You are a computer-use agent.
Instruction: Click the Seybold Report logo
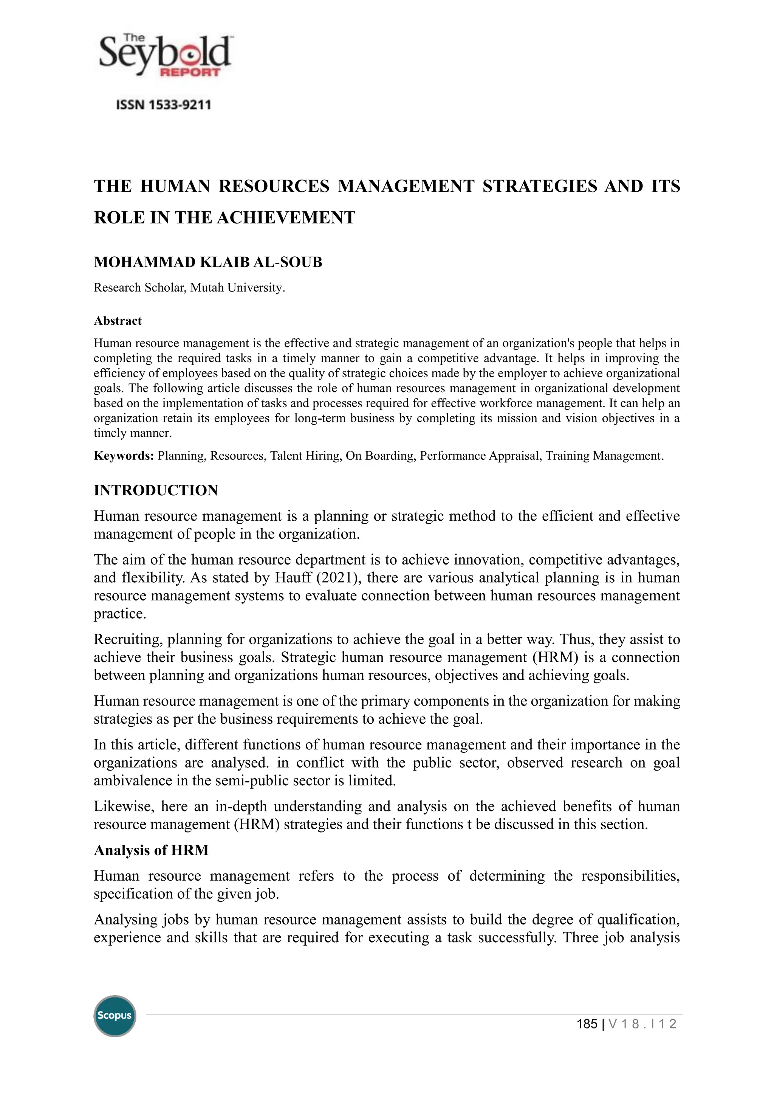pos(164,56)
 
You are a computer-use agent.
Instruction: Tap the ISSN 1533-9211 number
pos(164,105)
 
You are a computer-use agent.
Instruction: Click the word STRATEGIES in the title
pos(540,186)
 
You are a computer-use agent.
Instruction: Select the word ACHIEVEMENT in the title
pos(286,217)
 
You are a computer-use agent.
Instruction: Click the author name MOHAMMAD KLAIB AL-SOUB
pos(208,262)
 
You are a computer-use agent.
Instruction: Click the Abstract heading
pos(118,321)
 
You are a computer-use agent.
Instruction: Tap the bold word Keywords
pos(123,456)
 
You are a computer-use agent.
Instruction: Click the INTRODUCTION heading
pos(156,490)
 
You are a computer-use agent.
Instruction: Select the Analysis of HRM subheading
pos(151,850)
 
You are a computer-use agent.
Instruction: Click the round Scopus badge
pos(115,1016)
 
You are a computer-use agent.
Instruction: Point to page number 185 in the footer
pos(587,1024)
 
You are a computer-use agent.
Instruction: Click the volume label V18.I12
pos(642,1024)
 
